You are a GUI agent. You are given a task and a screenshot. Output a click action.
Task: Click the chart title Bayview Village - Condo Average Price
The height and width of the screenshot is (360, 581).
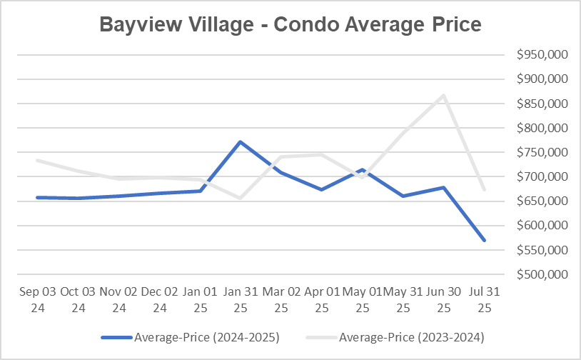290,24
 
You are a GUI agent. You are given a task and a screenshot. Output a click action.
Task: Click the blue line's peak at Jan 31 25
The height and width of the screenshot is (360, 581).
241,141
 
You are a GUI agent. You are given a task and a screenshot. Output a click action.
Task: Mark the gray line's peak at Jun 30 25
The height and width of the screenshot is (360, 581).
444,95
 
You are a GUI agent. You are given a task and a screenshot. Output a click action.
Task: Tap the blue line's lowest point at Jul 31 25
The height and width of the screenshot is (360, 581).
485,241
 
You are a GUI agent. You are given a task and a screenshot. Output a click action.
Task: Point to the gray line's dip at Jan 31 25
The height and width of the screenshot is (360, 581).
241,198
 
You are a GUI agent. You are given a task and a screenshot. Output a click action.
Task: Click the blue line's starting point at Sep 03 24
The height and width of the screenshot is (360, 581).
37,197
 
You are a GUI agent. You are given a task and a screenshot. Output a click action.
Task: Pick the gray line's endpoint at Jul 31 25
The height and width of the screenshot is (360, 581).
485,190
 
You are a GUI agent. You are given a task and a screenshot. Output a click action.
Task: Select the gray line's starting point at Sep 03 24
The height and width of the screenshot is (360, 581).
37,160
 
